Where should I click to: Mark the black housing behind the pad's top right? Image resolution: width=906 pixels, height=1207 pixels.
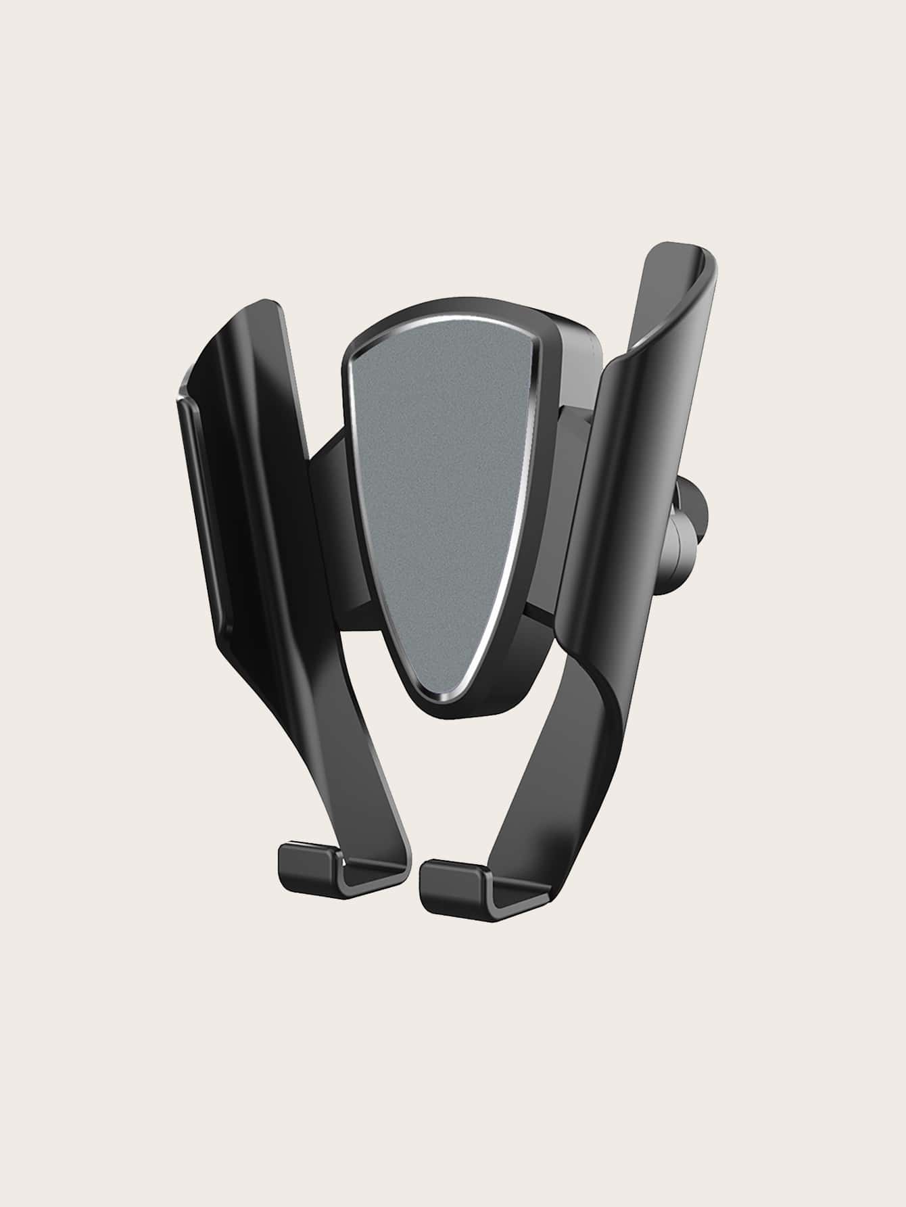pos(575,345)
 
